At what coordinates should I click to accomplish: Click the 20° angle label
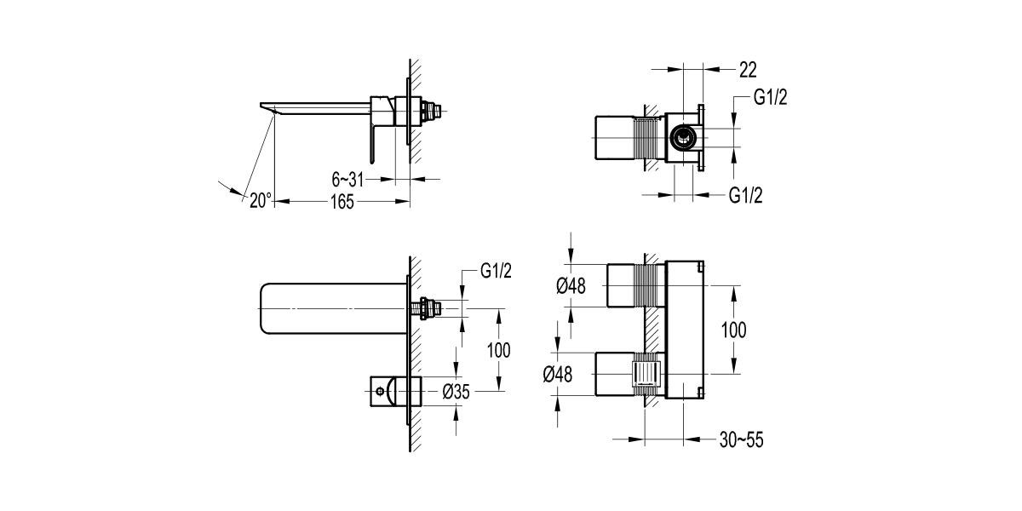point(260,201)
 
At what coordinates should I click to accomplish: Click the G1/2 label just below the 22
point(770,97)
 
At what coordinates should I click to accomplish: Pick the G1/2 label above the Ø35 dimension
point(496,271)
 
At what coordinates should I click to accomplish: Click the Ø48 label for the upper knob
point(571,286)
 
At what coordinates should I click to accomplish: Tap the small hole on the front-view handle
point(377,393)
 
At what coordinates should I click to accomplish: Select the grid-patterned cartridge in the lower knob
point(648,373)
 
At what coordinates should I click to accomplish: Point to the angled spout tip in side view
point(265,107)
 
